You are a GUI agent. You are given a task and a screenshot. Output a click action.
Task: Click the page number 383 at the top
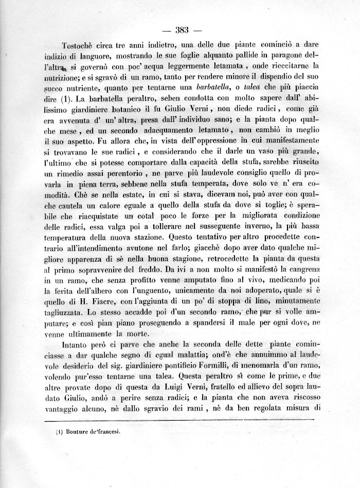point(183,29)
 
